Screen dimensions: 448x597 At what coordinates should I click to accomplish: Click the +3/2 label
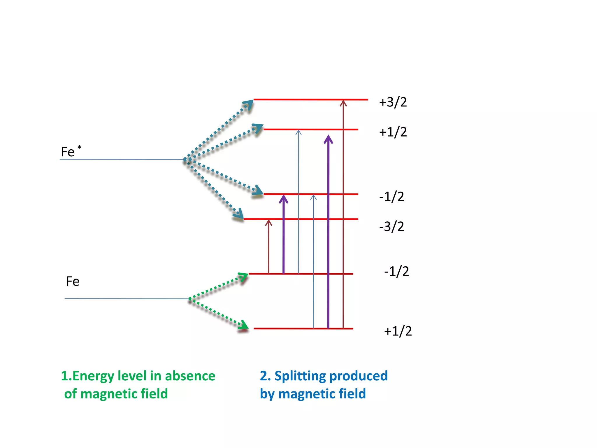point(393,102)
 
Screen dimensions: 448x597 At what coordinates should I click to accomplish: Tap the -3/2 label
point(391,227)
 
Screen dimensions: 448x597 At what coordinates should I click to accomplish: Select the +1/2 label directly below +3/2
point(393,132)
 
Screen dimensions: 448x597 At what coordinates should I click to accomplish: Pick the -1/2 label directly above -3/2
point(391,197)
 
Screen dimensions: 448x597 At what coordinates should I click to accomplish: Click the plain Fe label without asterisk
point(73,281)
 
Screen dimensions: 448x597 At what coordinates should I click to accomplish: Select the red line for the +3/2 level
point(310,100)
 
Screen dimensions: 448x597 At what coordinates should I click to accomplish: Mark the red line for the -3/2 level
point(300,219)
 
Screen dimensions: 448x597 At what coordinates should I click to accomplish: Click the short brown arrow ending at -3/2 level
point(268,246)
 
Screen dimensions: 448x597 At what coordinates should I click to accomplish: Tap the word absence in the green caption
point(190,376)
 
